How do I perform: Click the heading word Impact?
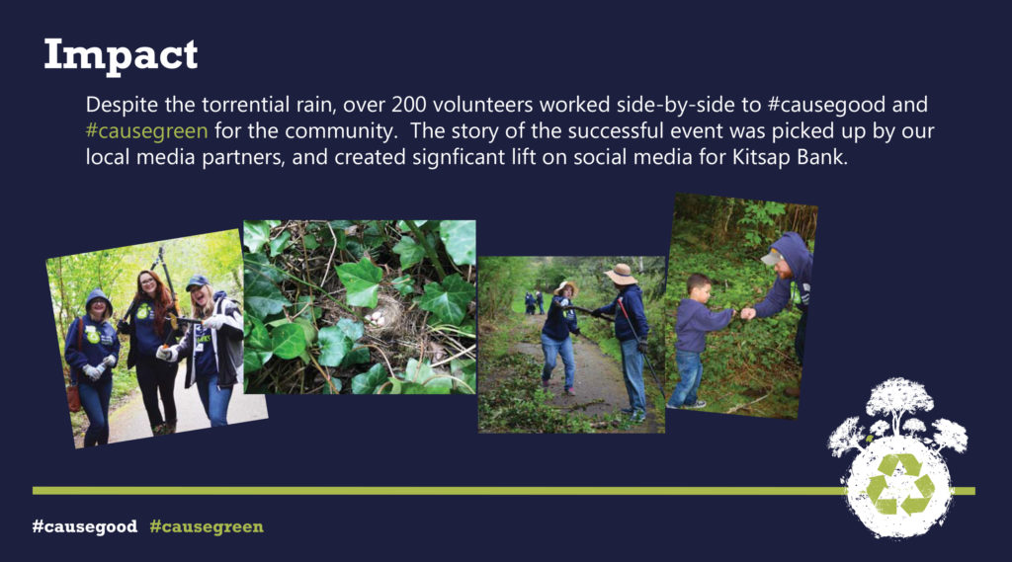click(121, 56)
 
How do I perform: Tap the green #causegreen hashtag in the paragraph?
click(146, 131)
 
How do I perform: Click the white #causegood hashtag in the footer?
click(85, 526)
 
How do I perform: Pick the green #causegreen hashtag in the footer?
click(207, 526)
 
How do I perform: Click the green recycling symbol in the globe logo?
click(899, 485)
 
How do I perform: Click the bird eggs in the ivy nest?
click(377, 317)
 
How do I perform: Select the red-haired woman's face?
click(148, 282)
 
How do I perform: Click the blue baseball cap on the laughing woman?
click(197, 282)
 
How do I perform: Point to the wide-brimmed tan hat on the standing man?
click(621, 275)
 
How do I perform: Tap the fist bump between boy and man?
click(742, 313)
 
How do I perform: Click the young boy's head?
click(698, 287)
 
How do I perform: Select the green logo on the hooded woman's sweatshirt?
click(93, 335)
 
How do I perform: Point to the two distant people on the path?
click(535, 302)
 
